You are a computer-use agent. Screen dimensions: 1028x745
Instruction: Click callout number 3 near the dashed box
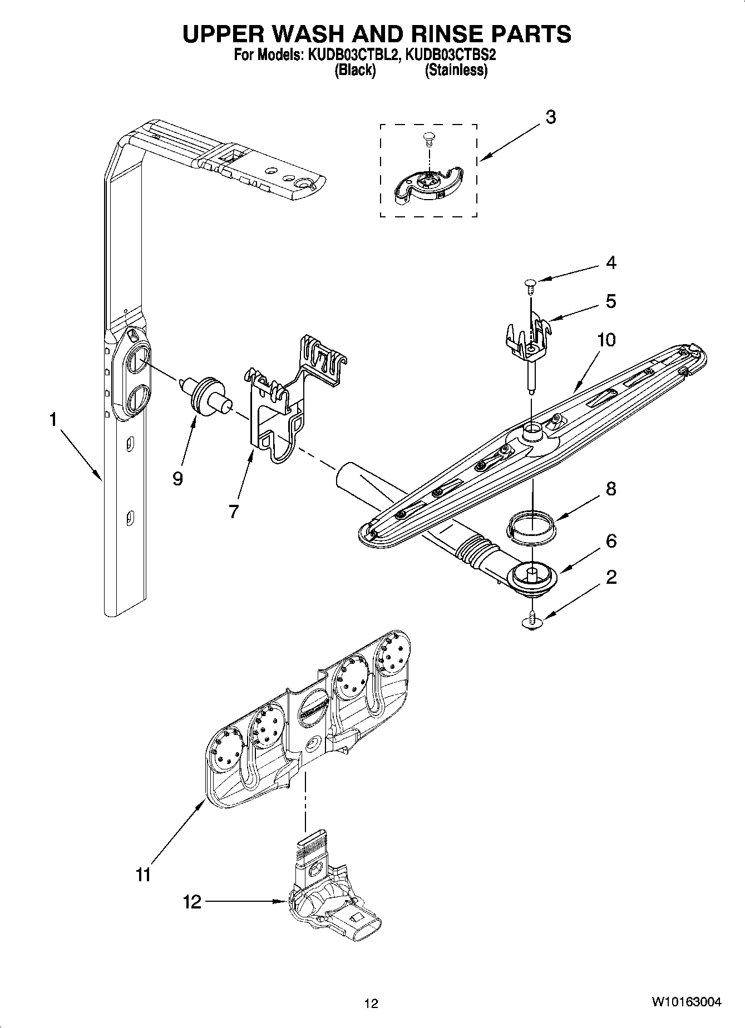[550, 117]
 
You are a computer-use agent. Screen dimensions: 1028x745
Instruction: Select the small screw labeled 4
[530, 286]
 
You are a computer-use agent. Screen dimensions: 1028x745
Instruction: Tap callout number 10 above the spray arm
[606, 340]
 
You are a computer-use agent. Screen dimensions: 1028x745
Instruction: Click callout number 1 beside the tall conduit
[53, 420]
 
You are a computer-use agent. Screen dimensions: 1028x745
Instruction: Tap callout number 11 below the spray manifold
[143, 875]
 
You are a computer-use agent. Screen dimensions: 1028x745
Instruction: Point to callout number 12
[192, 901]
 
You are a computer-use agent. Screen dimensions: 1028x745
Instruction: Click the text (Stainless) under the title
[456, 71]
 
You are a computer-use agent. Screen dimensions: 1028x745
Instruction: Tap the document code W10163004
[687, 1002]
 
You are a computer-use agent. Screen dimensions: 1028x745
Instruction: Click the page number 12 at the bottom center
[371, 1003]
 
